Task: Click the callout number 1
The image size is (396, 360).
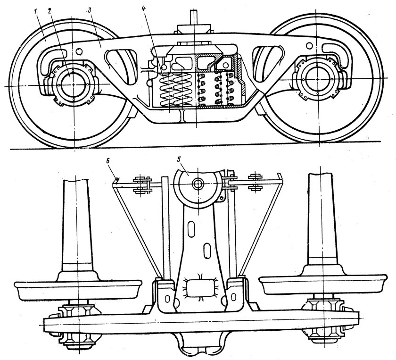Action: point(36,12)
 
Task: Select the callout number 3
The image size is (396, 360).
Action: point(89,11)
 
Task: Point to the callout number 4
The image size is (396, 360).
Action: point(143,8)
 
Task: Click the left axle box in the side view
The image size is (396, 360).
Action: point(73,84)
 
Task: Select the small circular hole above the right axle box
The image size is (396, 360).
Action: point(309,45)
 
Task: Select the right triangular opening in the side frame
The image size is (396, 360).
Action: point(268,63)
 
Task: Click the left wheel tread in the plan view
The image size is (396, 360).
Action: point(78,290)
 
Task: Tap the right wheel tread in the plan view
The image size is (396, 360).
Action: point(323,284)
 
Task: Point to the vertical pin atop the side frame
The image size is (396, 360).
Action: point(194,17)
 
